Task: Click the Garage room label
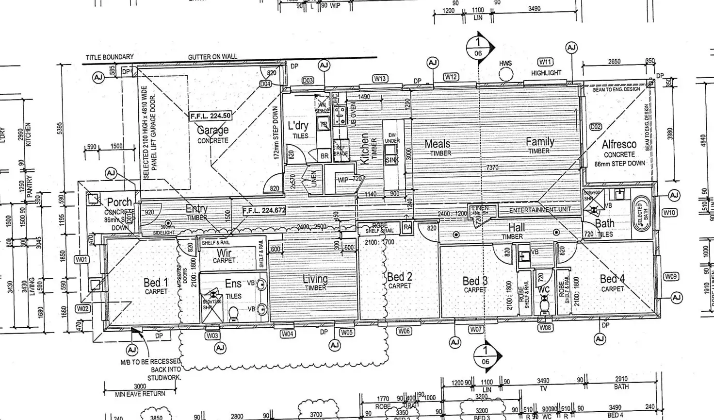[212, 130]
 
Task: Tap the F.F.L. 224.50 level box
[211, 116]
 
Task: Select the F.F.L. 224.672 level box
[264, 211]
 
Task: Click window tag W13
[380, 79]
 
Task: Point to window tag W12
[451, 77]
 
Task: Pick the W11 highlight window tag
[545, 62]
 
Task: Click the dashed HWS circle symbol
[506, 74]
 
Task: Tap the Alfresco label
[619, 145]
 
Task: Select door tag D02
[595, 127]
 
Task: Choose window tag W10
[669, 213]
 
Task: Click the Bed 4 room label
[612, 279]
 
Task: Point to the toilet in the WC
[544, 305]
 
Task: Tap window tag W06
[404, 331]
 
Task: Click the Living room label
[315, 279]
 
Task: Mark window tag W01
[81, 260]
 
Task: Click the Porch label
[119, 202]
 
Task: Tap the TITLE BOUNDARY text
[110, 57]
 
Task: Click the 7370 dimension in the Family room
[492, 168]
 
